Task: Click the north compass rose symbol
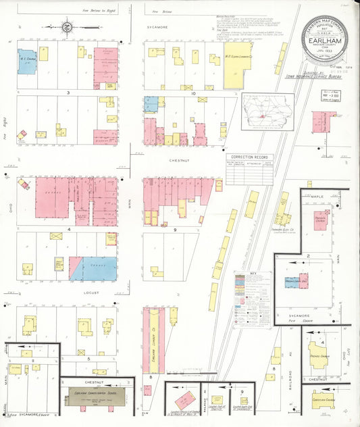click(x=68, y=28)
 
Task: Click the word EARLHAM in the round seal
click(x=328, y=41)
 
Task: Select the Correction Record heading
click(x=247, y=157)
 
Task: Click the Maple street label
click(x=319, y=195)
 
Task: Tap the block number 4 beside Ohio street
click(x=68, y=230)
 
